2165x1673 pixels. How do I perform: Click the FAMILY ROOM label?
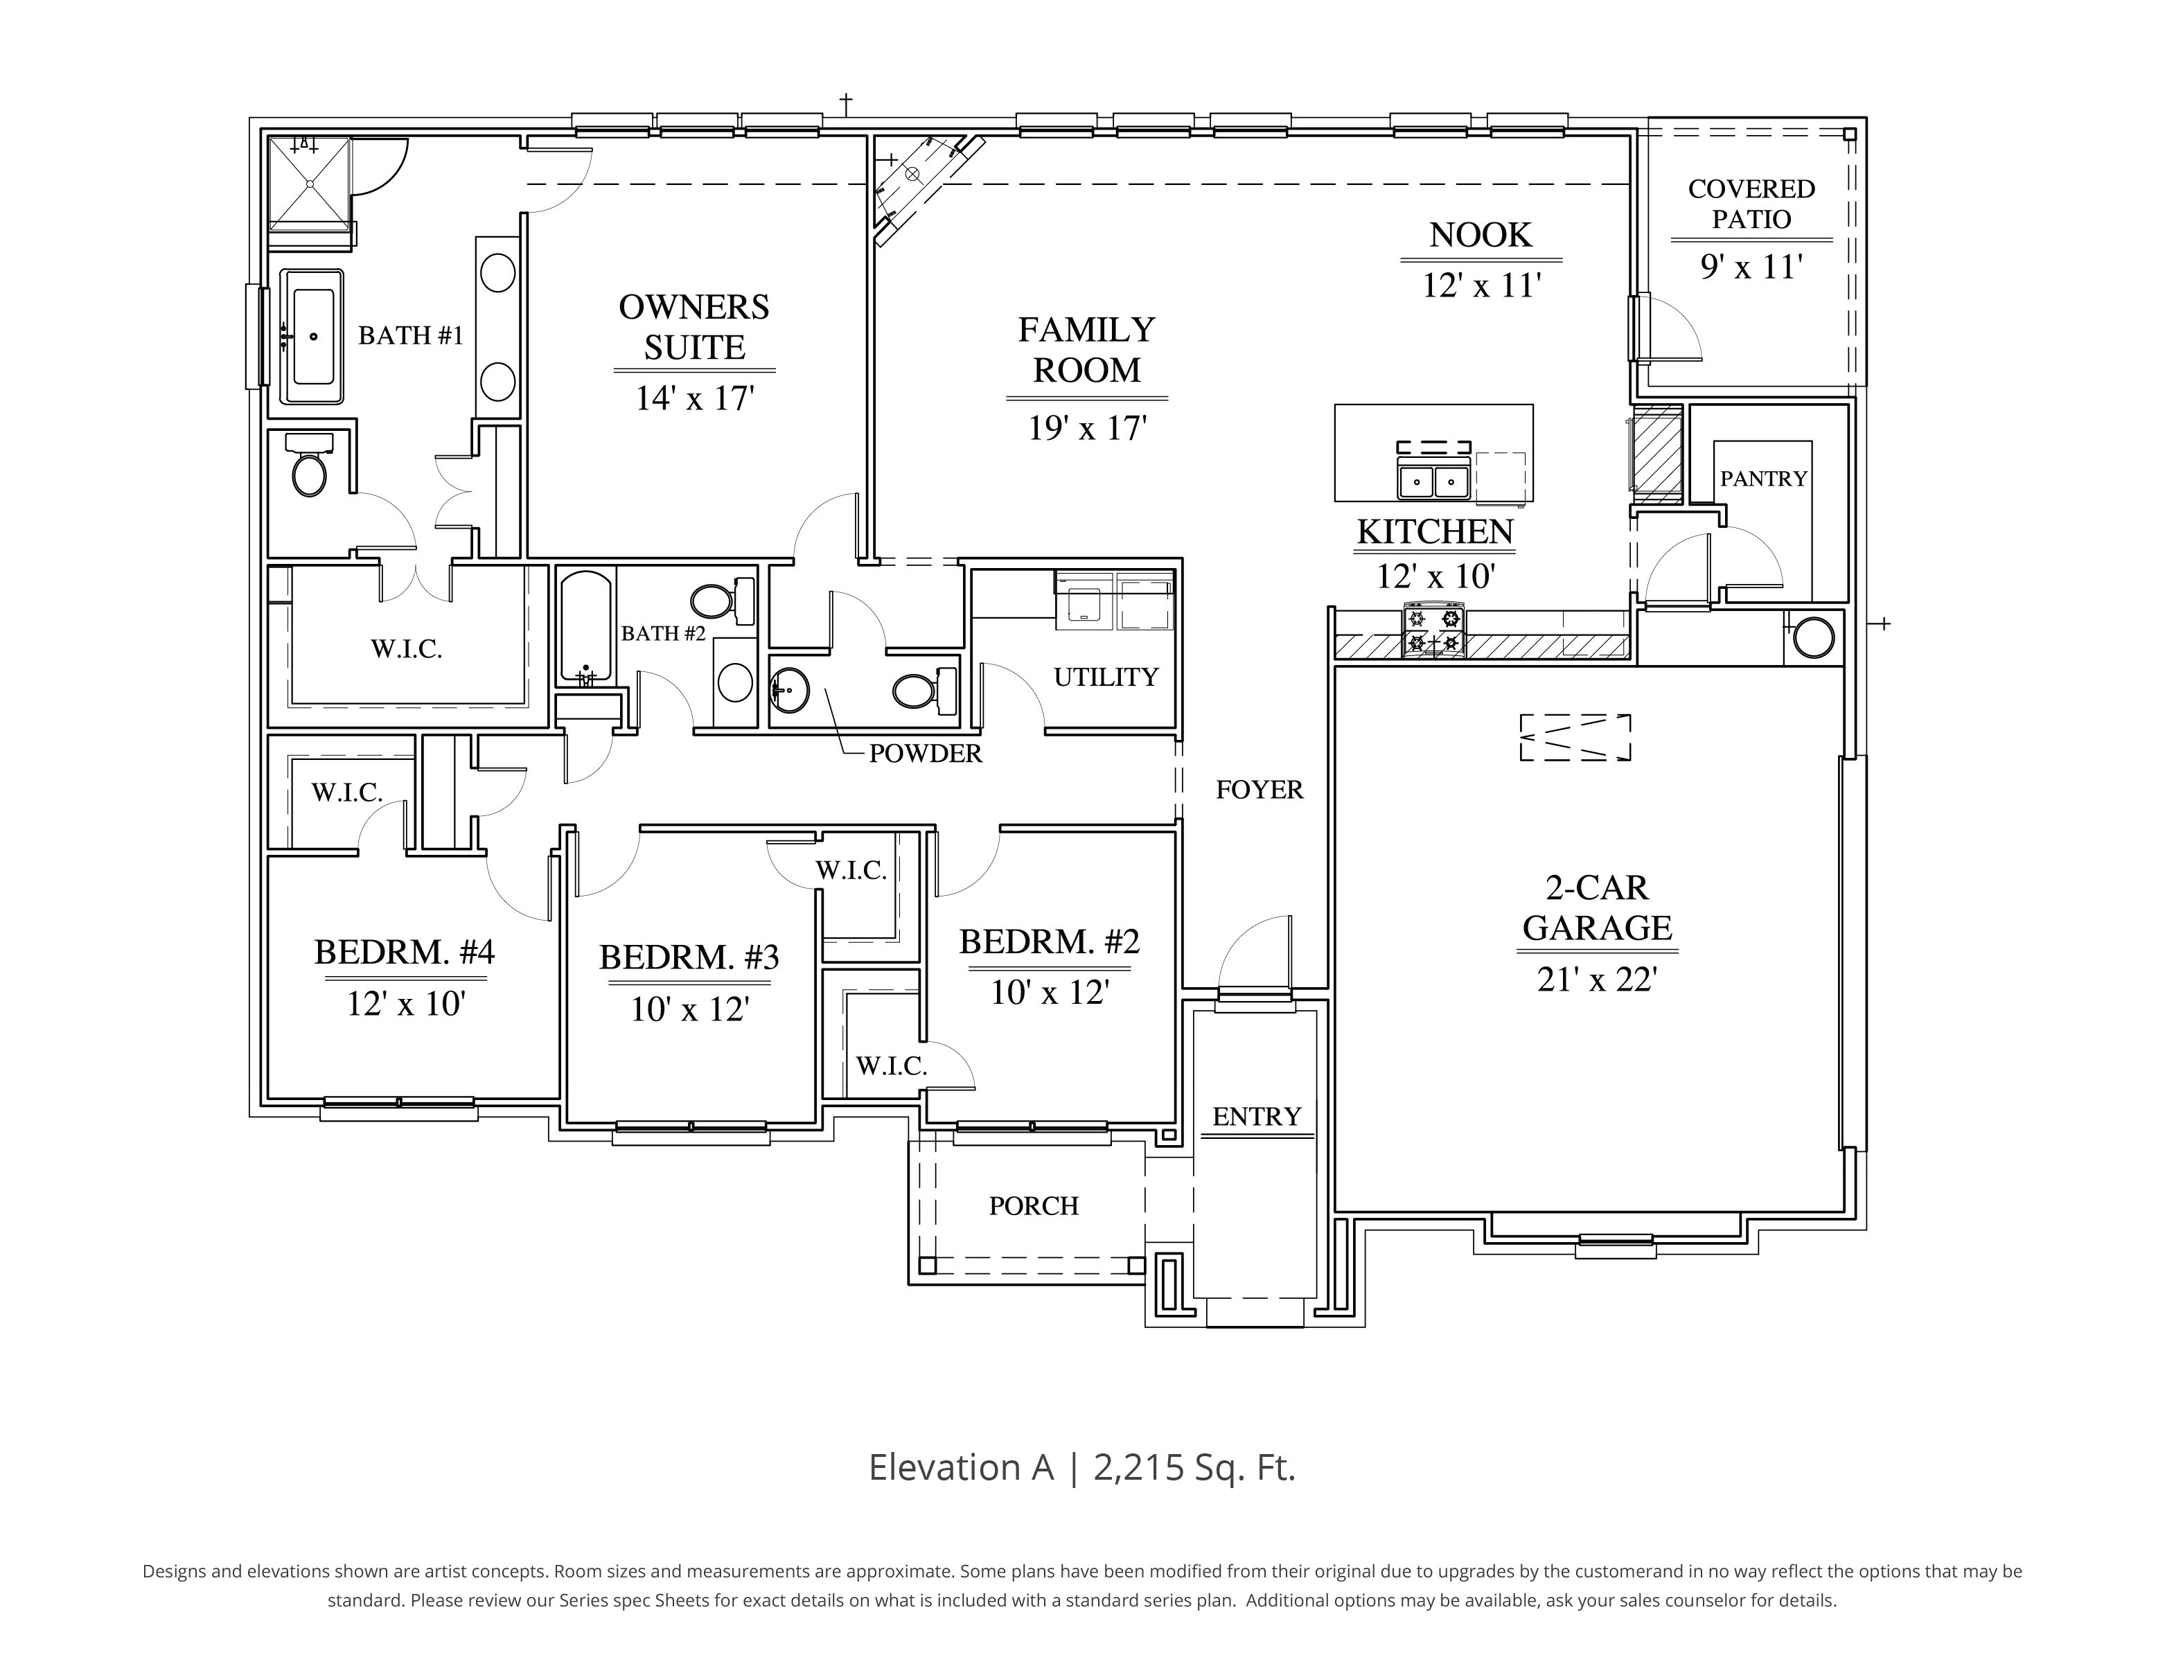(1086, 350)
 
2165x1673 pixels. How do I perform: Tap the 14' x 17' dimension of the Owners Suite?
(694, 398)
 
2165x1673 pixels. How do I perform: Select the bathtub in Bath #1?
(312, 337)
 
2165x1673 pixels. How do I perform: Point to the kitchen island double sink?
(1433, 481)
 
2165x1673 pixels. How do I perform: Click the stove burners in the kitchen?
(1433, 631)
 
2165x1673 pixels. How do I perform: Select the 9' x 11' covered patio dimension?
(1751, 267)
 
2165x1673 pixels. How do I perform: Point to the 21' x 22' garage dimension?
(1597, 980)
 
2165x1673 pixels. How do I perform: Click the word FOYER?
(1259, 790)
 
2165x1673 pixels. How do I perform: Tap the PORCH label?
(1033, 1206)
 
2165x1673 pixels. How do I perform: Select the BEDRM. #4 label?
(405, 953)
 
